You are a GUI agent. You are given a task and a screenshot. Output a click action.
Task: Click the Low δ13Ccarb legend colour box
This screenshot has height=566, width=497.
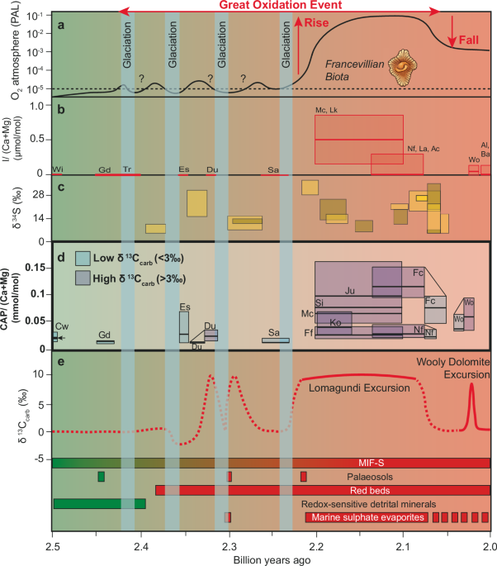84,257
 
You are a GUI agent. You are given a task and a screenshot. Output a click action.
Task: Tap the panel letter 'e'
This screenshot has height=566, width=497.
59,338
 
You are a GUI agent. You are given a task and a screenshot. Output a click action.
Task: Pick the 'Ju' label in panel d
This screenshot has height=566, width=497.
351,290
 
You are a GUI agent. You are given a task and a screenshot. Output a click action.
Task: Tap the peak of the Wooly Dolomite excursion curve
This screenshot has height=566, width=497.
471,383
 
